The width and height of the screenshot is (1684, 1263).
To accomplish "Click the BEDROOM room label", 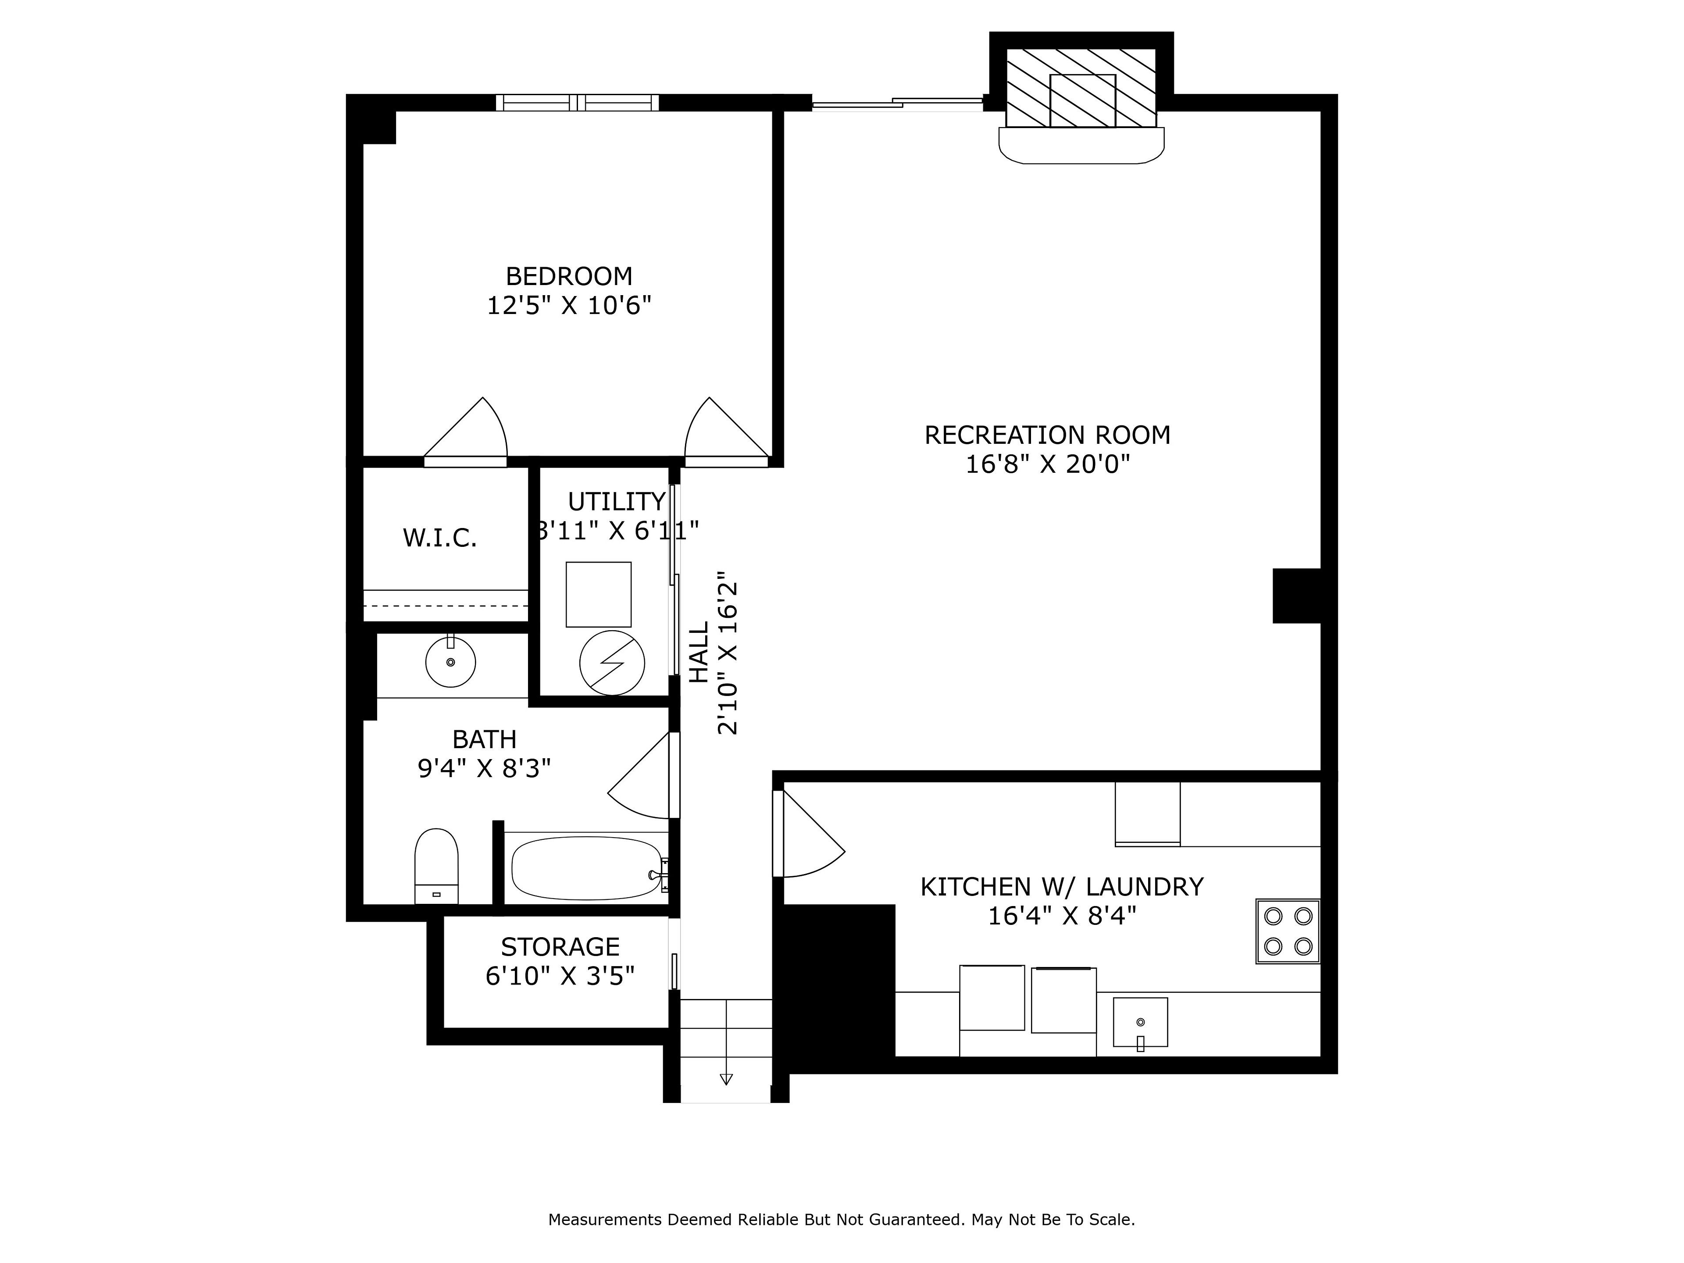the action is [569, 275].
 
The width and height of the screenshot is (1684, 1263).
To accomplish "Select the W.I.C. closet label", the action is [440, 538].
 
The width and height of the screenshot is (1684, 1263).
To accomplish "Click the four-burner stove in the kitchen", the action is [1288, 931].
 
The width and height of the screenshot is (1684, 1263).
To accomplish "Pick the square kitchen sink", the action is [1141, 1022].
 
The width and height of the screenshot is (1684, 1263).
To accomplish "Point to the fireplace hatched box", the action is [1082, 88].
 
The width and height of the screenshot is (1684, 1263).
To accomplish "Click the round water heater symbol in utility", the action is [612, 662].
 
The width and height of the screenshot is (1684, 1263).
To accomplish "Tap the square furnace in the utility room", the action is [598, 595].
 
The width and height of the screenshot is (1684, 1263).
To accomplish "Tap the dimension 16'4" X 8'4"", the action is [1062, 916].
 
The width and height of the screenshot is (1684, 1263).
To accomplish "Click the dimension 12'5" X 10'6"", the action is [569, 305].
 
